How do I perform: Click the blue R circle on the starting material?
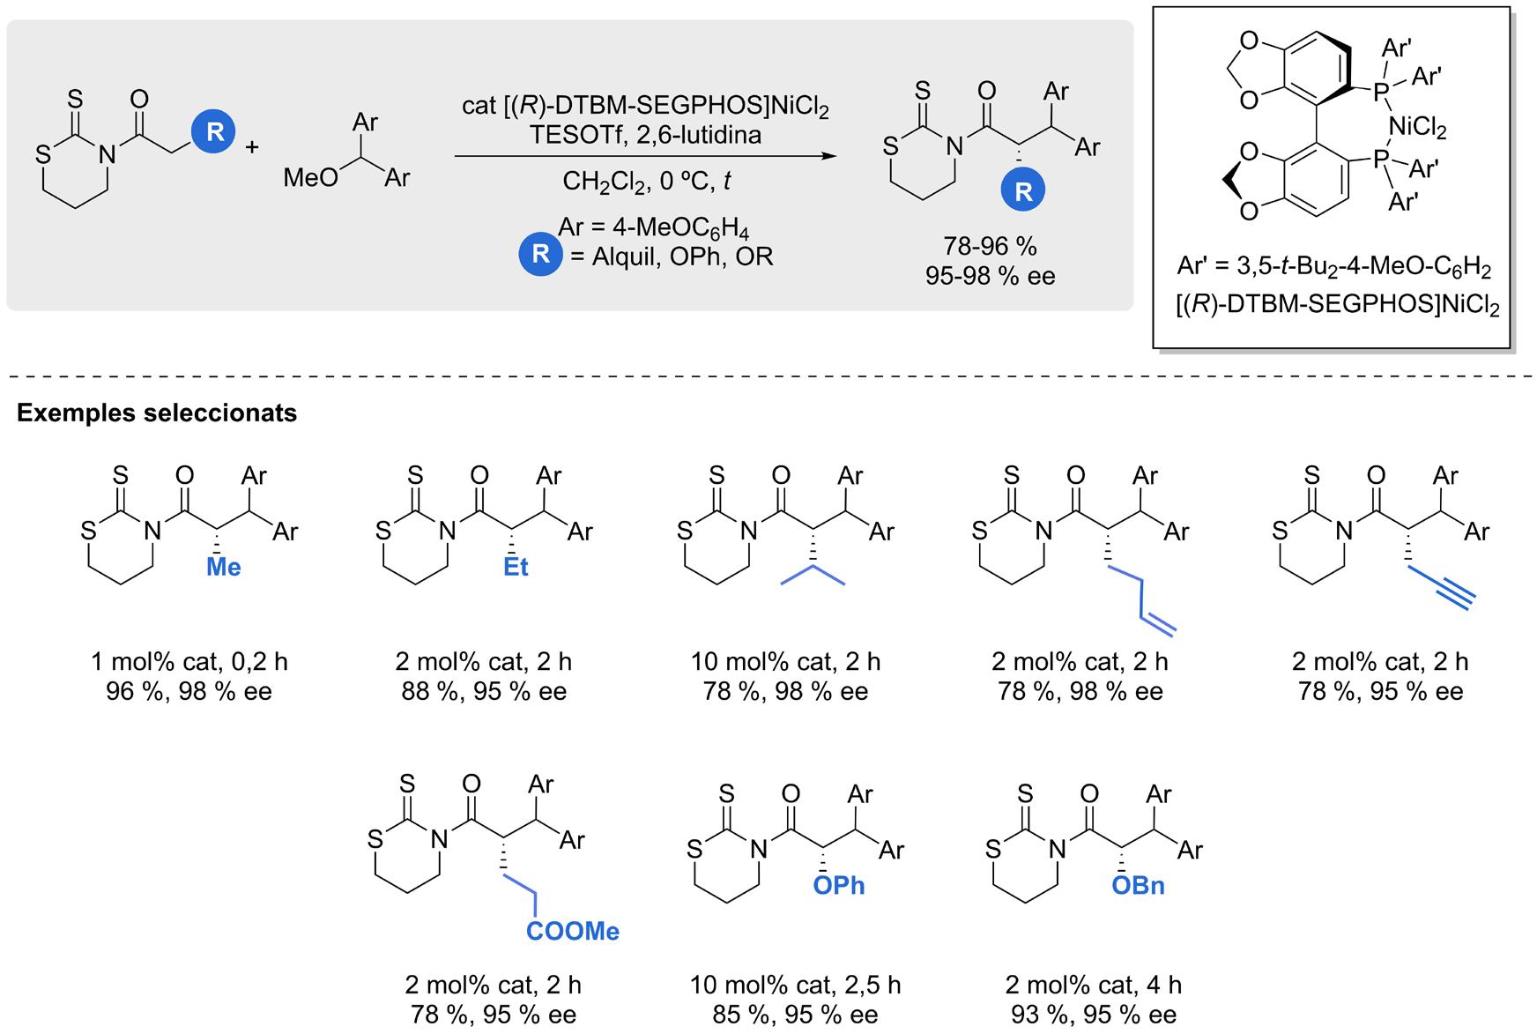click(214, 132)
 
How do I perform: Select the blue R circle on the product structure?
click(1023, 191)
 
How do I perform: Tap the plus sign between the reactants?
click(252, 146)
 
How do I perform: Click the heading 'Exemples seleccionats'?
click(157, 413)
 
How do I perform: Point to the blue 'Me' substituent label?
click(223, 567)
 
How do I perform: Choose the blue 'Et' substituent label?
click(516, 567)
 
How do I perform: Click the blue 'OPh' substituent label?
click(838, 885)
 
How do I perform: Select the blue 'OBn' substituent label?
click(1138, 885)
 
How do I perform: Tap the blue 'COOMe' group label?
click(573, 931)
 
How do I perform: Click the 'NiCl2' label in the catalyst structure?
click(1417, 129)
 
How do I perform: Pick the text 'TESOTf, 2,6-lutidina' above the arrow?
click(646, 135)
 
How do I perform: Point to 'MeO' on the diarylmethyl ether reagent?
click(310, 178)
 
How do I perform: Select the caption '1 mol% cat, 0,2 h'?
click(189, 661)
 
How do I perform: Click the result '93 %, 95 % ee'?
click(1094, 1015)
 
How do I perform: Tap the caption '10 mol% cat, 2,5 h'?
click(796, 985)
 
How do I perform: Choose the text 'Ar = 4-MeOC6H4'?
click(653, 228)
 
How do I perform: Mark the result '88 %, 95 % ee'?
click(484, 691)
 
